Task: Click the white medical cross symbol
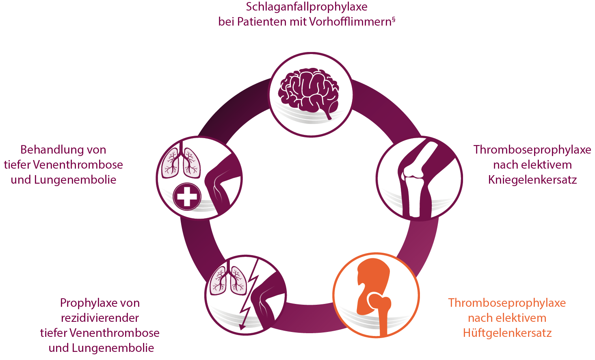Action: click(x=187, y=197)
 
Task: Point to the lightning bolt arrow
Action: click(x=249, y=295)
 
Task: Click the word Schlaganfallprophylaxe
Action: click(x=307, y=7)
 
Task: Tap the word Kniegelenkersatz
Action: click(x=532, y=180)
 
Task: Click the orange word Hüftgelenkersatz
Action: click(x=507, y=333)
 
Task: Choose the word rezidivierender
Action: click(x=100, y=318)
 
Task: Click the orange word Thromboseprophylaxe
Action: click(x=507, y=303)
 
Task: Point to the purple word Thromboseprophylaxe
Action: click(x=532, y=150)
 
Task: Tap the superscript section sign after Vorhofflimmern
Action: click(x=394, y=19)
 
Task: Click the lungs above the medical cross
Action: click(x=181, y=161)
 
